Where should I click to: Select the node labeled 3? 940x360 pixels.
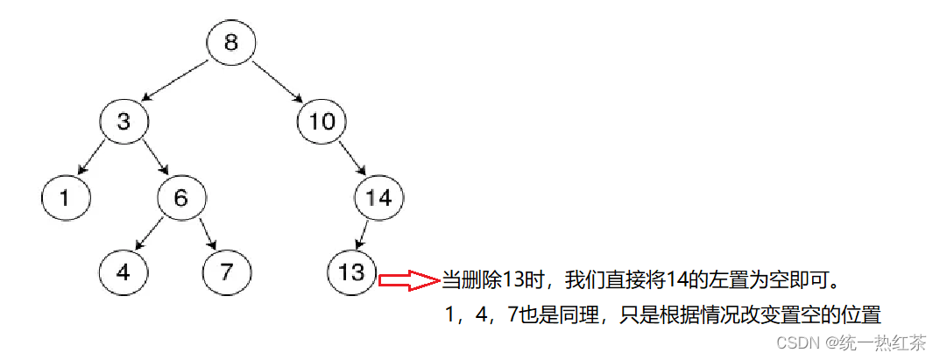coord(124,122)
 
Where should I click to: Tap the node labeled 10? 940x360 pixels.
coord(322,122)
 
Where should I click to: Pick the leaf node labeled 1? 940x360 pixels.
coord(66,198)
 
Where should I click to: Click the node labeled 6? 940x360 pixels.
coord(181,198)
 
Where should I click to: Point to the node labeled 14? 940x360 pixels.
coord(379,198)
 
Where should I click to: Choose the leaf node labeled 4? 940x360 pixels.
coord(124,272)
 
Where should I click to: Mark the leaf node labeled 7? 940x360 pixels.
coord(227,272)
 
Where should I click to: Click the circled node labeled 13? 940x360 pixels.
coord(350,272)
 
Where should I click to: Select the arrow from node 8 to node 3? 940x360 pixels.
coord(176,81)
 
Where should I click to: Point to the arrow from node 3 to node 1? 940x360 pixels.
coord(92,159)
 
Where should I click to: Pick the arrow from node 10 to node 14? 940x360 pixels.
coord(351,160)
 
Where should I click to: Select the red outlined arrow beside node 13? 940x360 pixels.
coord(407,280)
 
